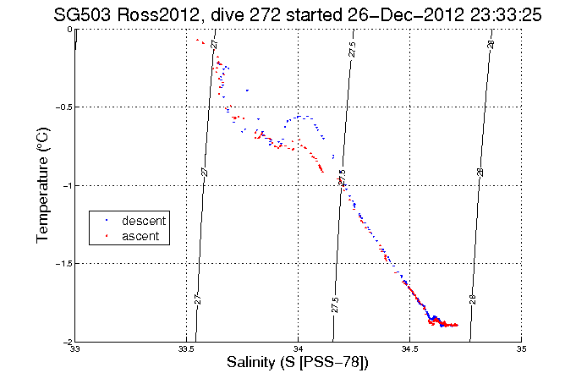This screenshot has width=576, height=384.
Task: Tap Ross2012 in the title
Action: point(152,14)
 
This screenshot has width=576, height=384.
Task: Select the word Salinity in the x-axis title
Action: point(255,363)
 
